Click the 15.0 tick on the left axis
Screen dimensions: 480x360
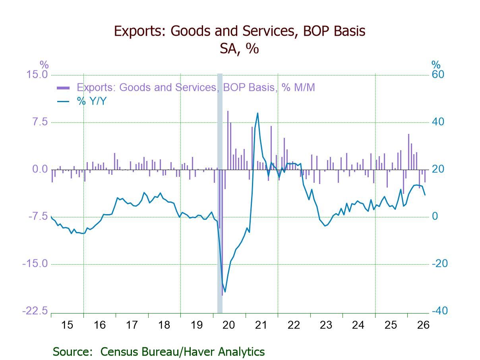[37, 75]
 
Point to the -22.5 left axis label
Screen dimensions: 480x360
[35, 311]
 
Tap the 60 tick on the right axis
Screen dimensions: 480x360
[438, 75]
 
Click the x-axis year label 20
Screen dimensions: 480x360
[229, 325]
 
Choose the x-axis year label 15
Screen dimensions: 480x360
[67, 325]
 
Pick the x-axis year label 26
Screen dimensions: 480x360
[423, 325]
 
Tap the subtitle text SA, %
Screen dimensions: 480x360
[239, 48]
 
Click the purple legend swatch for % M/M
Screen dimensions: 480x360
[63, 88]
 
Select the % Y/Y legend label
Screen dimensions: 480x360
[92, 101]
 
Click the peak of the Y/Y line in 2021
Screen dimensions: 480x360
[257, 113]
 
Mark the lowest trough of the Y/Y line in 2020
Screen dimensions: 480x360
[225, 292]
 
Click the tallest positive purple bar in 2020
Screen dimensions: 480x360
[228, 140]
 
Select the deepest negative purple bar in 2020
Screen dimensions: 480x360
[222, 232]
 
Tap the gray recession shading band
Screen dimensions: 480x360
[220, 193]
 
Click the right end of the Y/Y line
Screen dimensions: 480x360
[425, 195]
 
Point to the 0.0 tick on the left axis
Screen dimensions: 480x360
[40, 169]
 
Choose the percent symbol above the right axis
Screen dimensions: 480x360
[436, 65]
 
